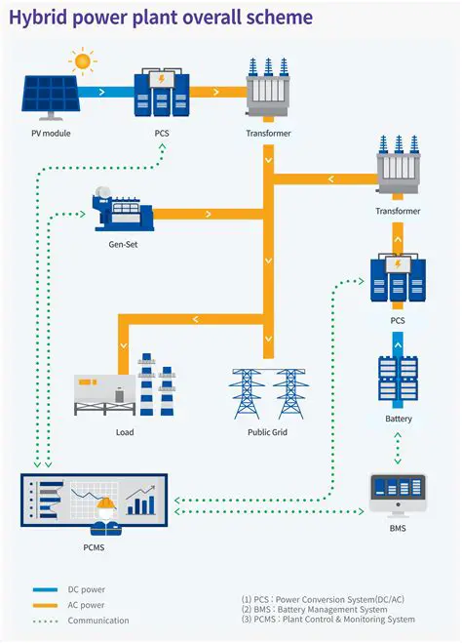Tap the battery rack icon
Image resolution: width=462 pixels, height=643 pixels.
click(x=398, y=381)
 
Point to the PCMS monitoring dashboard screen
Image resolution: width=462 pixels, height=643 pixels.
click(x=94, y=500)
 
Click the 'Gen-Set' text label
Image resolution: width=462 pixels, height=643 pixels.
click(x=124, y=244)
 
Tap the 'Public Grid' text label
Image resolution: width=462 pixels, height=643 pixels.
click(x=266, y=432)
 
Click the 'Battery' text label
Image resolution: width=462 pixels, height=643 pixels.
click(x=398, y=420)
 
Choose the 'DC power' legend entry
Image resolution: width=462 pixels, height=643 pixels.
click(x=86, y=589)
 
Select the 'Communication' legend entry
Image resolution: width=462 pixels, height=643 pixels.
click(x=97, y=621)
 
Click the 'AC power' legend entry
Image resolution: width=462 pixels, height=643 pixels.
click(x=86, y=605)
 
